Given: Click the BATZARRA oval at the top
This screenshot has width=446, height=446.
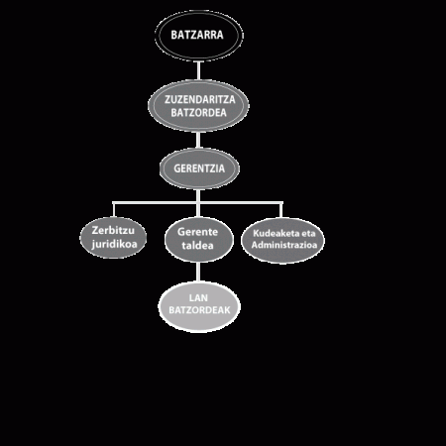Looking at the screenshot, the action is (x=198, y=36).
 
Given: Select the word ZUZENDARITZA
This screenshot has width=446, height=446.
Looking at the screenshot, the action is (x=200, y=99).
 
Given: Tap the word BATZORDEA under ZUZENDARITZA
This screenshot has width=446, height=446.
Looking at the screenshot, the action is (x=198, y=113).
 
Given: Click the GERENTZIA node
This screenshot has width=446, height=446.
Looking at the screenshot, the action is (x=199, y=168).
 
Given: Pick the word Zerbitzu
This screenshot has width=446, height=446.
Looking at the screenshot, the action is (x=113, y=230).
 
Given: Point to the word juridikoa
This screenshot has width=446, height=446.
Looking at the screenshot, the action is (x=114, y=244).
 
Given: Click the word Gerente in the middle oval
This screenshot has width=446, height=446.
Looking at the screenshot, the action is (x=197, y=232).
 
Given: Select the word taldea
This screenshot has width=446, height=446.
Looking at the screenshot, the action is (x=197, y=246).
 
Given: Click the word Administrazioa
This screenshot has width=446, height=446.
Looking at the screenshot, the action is (x=284, y=245).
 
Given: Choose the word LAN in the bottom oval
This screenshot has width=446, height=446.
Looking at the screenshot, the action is (x=198, y=298).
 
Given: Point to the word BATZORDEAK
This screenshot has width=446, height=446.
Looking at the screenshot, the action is (x=199, y=310).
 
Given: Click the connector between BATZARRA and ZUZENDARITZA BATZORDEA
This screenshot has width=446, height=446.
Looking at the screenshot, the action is (x=198, y=70).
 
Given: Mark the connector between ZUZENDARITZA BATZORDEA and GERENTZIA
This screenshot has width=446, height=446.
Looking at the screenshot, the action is (x=198, y=140).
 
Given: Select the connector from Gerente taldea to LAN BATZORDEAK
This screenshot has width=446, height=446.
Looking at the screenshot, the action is (x=198, y=272).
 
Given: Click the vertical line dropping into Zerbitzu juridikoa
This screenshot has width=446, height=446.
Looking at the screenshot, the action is (x=114, y=210).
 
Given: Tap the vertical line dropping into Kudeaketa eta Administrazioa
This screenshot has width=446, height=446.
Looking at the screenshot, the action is (x=281, y=210).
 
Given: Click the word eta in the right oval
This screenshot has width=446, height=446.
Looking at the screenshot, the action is (x=308, y=233).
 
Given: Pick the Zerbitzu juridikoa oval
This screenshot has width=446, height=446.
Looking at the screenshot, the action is (x=113, y=238).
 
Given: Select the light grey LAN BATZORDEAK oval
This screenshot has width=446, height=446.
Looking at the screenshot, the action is (x=199, y=307).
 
